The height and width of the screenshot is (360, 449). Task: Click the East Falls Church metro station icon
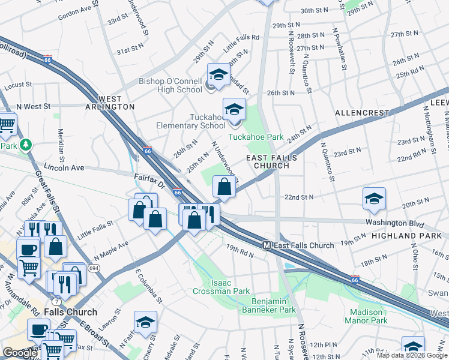(268, 245)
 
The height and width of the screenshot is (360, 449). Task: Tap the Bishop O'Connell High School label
(170, 85)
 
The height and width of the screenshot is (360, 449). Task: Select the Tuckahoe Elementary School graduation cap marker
(234, 109)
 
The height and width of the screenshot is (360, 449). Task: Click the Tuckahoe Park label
(255, 137)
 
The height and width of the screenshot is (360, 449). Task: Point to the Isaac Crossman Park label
(221, 287)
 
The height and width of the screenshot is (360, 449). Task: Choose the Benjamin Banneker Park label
(269, 305)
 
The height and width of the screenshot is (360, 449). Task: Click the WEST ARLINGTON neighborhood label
(108, 102)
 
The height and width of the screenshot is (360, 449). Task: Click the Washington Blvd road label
(390, 221)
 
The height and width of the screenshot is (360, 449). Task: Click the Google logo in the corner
(20, 353)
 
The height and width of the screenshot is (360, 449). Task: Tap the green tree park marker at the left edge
(25, 145)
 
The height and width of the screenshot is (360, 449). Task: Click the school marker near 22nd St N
(374, 199)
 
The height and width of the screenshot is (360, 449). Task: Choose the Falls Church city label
(73, 312)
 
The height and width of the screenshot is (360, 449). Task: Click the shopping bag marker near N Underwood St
(224, 187)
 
